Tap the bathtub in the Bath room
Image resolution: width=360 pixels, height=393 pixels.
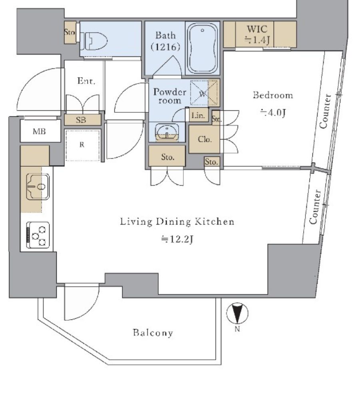tap(203, 48)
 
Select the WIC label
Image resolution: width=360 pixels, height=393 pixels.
tap(257, 29)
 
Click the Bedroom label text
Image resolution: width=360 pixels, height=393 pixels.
tap(273, 95)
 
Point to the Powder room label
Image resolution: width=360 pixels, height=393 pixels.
tap(169, 96)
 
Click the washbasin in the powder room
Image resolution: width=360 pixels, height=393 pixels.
tap(167, 132)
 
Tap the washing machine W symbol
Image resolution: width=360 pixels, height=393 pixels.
tap(203, 94)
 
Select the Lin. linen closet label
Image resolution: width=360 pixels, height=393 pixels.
tap(198, 116)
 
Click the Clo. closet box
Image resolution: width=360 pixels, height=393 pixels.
tap(204, 139)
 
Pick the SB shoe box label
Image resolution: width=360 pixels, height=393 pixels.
tap(81, 120)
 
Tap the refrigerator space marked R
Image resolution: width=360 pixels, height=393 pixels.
tap(82, 145)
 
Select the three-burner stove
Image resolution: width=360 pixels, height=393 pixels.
tap(38, 235)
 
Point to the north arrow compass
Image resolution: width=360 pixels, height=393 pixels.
tap(237, 313)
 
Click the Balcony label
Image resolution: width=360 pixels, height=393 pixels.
tap(153, 333)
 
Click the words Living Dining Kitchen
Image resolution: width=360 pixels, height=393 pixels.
tap(177, 221)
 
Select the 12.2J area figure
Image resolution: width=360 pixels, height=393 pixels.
tap(177, 239)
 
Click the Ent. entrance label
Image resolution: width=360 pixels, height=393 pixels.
tap(86, 81)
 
